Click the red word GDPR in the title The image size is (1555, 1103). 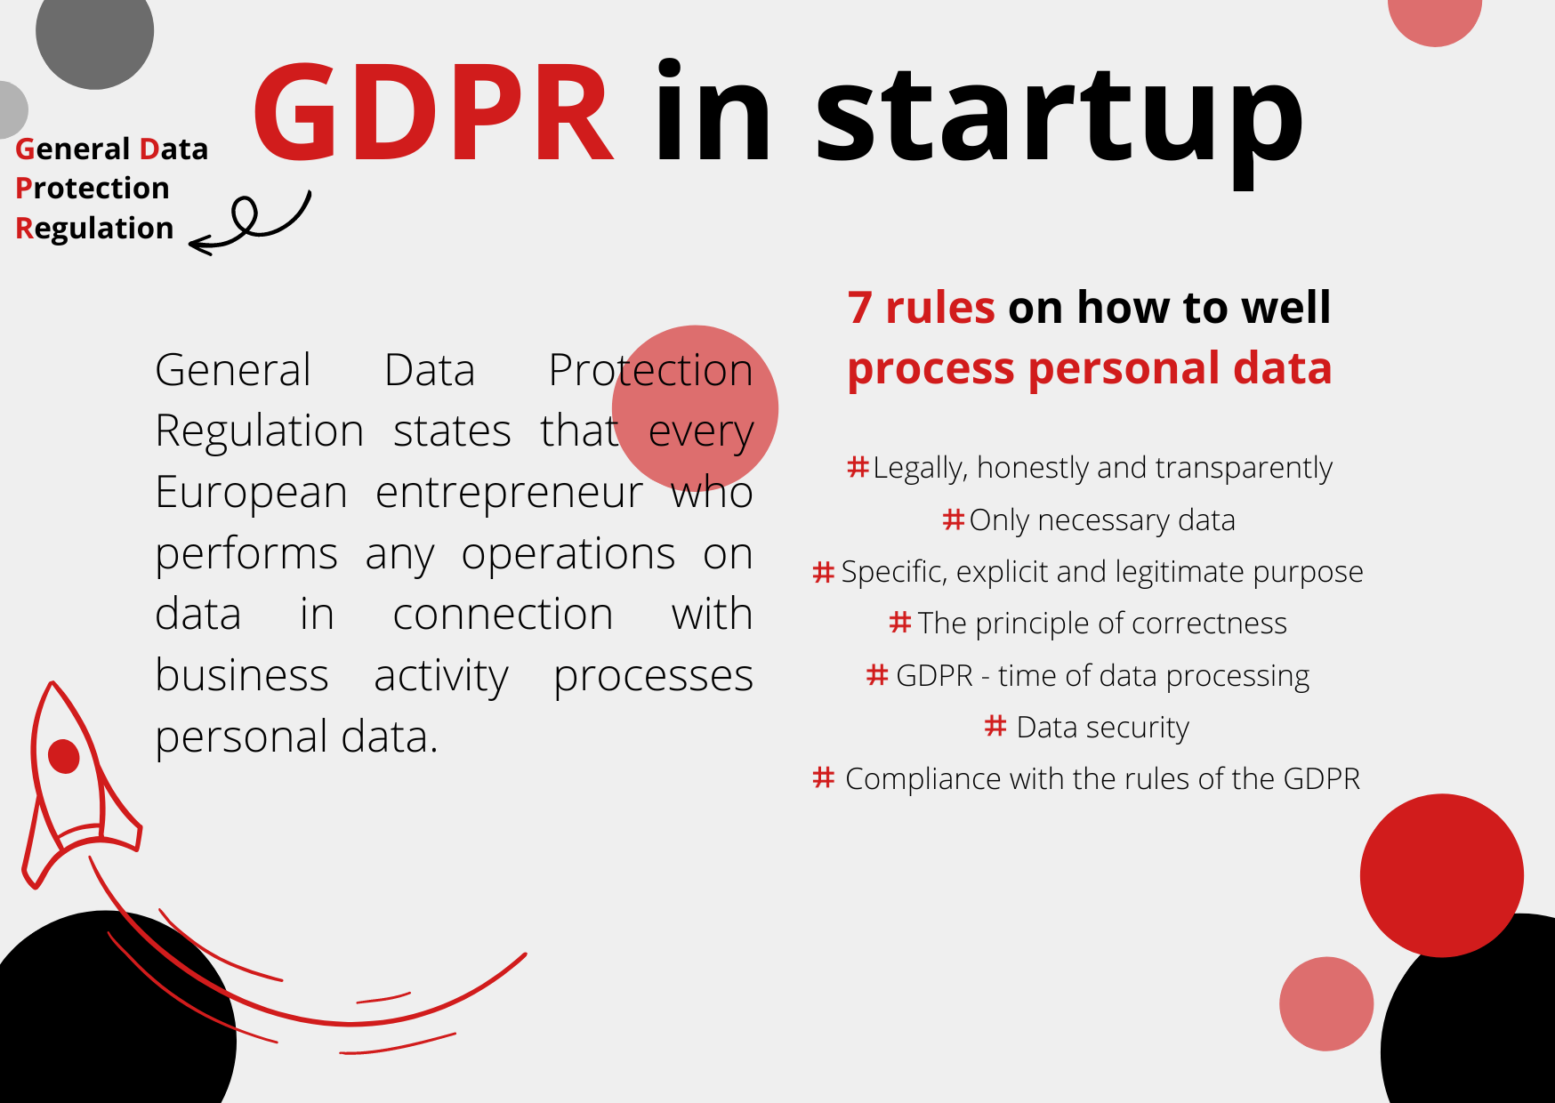click(x=433, y=114)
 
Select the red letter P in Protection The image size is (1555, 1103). click(x=23, y=189)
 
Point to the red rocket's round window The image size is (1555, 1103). click(x=64, y=757)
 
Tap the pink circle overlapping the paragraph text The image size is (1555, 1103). click(x=695, y=407)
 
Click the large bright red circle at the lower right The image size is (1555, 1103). click(x=1441, y=875)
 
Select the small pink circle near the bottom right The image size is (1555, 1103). click(x=1325, y=1003)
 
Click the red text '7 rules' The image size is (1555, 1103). click(x=921, y=308)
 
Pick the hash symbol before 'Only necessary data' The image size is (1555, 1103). click(x=954, y=519)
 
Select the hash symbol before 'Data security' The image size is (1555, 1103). click(x=995, y=727)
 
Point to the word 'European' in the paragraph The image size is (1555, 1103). click(x=251, y=492)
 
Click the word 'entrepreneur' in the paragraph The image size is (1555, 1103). click(x=508, y=492)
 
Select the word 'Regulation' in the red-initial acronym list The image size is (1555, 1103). click(x=94, y=229)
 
